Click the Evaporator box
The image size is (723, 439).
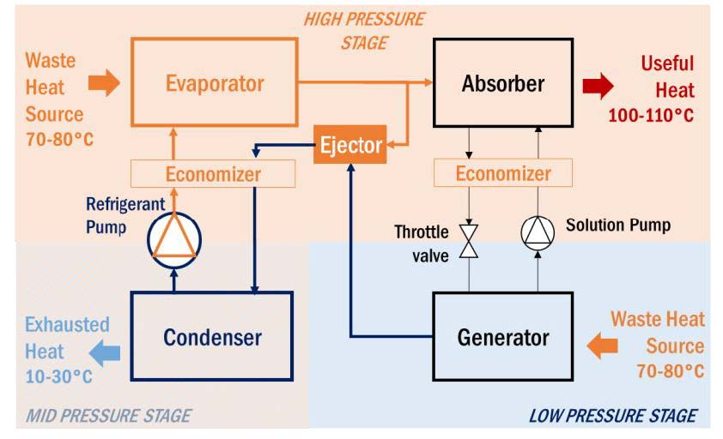tap(215, 84)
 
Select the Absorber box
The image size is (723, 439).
tap(503, 84)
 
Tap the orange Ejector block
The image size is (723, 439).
tap(350, 145)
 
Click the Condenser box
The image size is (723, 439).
tap(211, 335)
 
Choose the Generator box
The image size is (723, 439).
tap(502, 336)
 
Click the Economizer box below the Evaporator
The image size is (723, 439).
tap(213, 174)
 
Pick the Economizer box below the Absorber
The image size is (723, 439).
tap(502, 174)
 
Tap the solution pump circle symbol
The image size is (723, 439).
tap(538, 232)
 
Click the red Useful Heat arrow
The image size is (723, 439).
tap(598, 85)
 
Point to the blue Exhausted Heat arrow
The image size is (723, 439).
tap(106, 351)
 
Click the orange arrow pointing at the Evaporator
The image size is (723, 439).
tap(104, 83)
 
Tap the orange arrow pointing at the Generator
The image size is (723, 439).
tap(600, 346)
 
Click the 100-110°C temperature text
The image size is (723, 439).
tap(651, 115)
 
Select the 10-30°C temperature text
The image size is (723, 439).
tap(58, 376)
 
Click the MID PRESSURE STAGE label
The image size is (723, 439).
tap(108, 416)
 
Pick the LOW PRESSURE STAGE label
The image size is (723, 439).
tap(612, 416)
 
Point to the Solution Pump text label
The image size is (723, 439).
tap(618, 225)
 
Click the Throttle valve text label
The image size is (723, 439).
tap(422, 243)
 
